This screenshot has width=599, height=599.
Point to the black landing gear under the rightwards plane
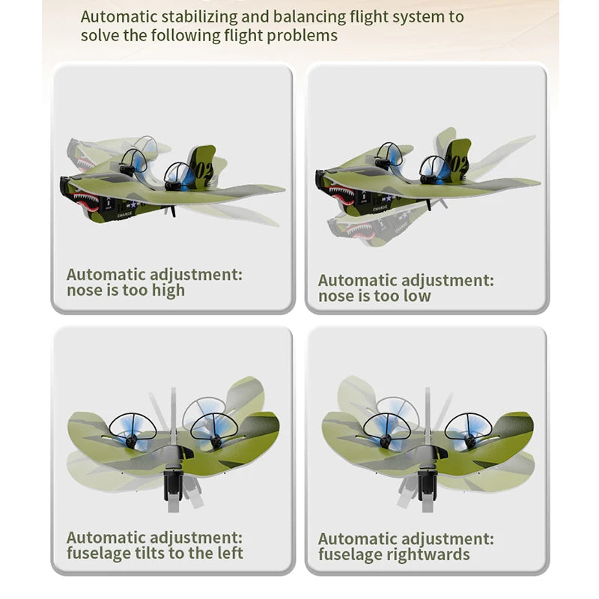tap(428, 485)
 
